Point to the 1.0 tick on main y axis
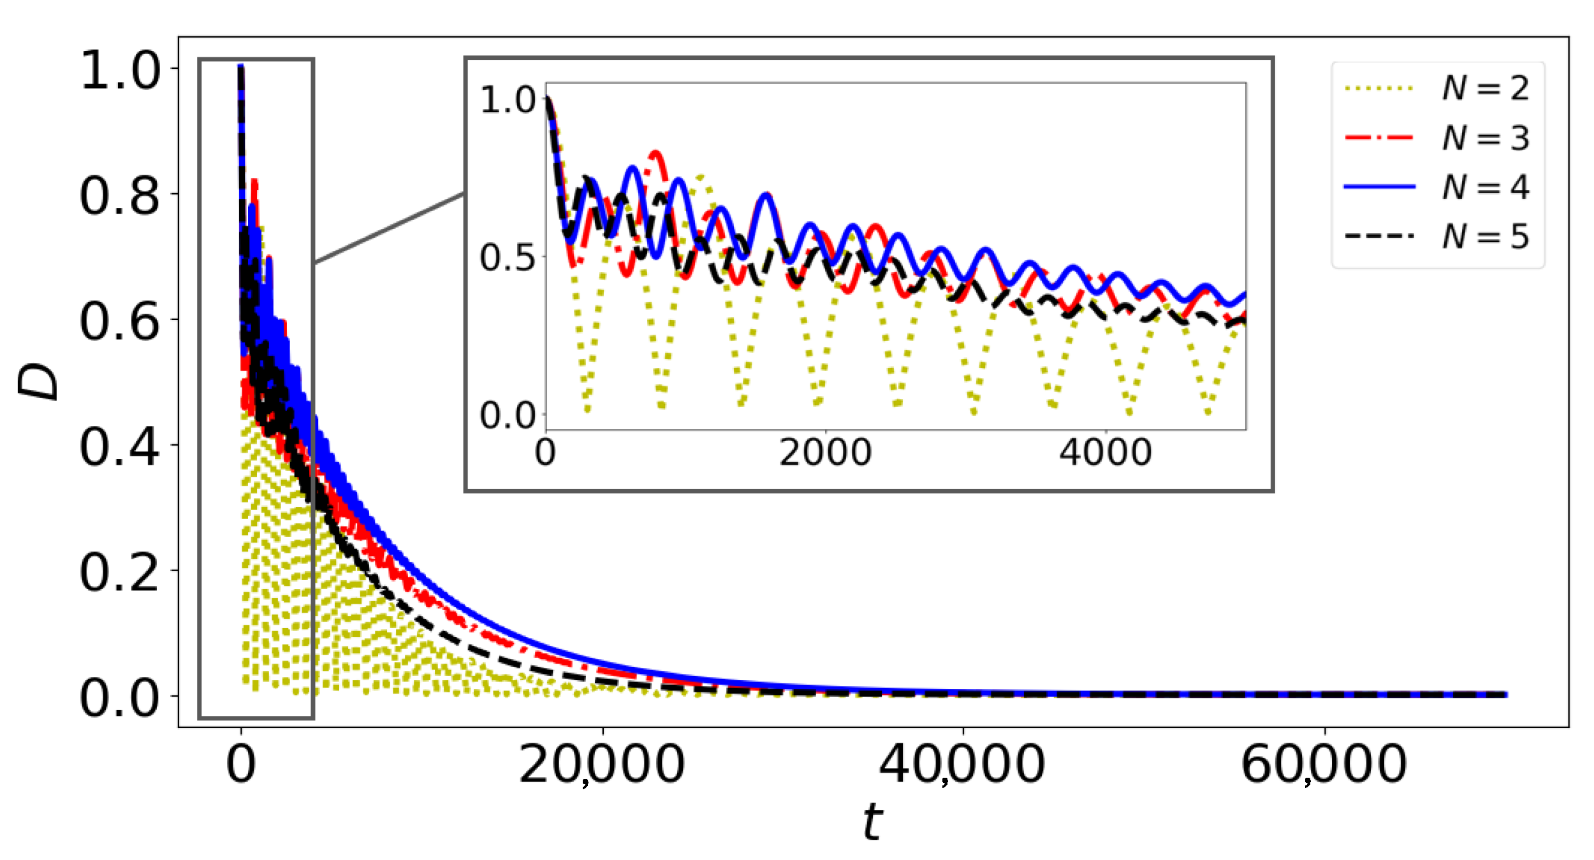pos(120,69)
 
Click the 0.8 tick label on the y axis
pos(120,195)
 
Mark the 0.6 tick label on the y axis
pos(120,321)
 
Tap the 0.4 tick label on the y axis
pos(120,446)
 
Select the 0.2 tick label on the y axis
pos(120,572)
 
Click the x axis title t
pos(873,822)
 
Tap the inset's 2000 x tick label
pos(825,453)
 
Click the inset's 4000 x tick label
pos(1106,453)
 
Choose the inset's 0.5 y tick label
pos(508,258)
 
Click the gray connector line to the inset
pos(389,228)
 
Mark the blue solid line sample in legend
pos(1380,187)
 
